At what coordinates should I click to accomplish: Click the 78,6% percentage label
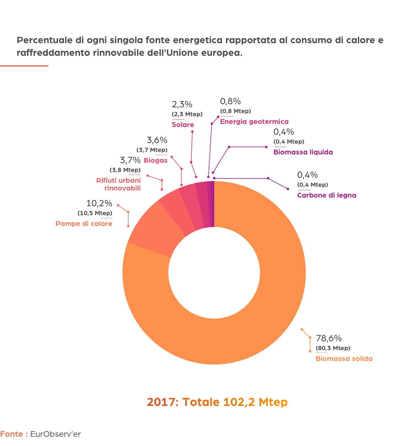pos(329,338)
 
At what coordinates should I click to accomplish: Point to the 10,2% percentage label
pos(99,203)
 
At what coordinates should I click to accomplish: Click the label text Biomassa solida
pos(344,359)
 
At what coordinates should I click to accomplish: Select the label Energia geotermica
pos(254,122)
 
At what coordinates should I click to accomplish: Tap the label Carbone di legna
pos(326,195)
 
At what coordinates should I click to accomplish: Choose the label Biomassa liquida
pos(303,152)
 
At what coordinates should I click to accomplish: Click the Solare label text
pos(183,125)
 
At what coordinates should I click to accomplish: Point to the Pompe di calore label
pos(84,224)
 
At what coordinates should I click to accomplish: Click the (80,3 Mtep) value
pos(333,349)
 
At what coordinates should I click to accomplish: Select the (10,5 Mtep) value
pos(95,213)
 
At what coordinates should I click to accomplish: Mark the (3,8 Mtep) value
pos(125,170)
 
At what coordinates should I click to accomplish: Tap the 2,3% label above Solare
pos(182,104)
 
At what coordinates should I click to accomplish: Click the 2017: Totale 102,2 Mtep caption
pos(217,402)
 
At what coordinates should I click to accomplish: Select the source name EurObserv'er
pos(55,434)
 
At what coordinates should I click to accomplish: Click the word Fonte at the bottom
pos(12,434)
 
